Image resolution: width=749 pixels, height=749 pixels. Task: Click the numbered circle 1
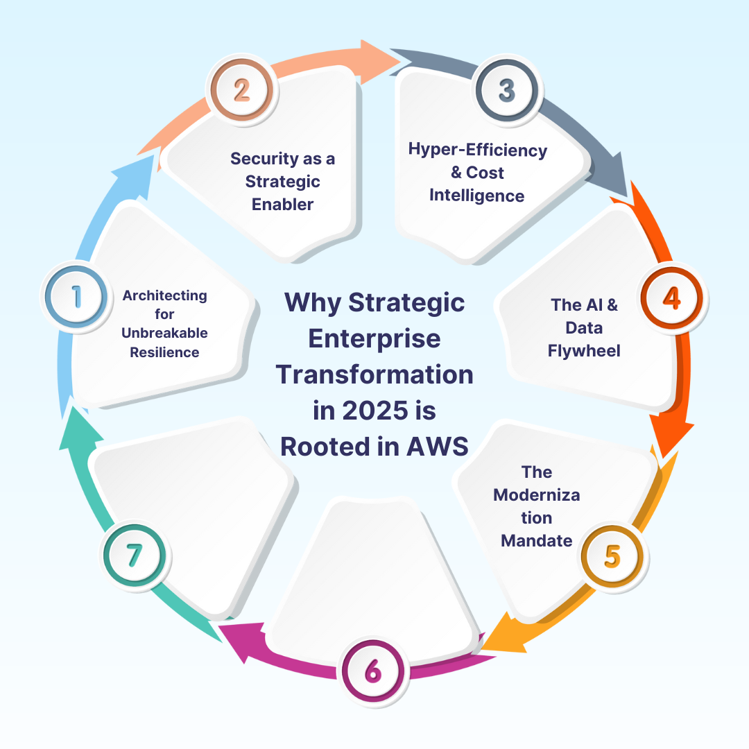point(76,296)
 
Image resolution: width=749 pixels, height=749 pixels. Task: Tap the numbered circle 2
point(241,90)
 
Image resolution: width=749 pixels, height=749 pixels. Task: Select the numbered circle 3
point(507,90)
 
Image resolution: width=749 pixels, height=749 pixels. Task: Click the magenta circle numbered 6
point(372,671)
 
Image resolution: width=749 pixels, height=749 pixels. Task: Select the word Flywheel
point(584,350)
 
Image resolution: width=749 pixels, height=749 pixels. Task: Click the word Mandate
point(537,540)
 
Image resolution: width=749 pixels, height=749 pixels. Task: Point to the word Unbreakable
point(164,333)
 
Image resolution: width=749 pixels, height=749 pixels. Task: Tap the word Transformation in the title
point(374,374)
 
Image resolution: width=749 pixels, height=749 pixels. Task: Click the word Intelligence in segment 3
point(476,196)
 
